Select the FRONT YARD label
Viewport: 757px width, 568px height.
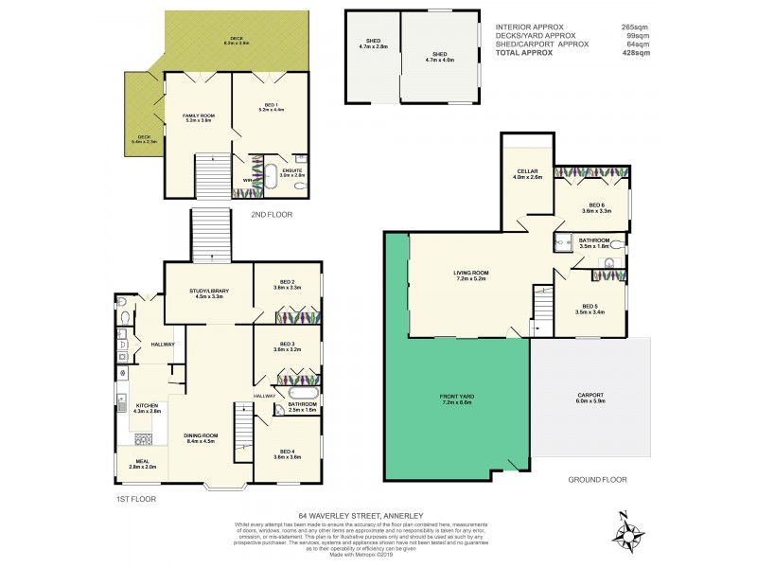tap(456, 399)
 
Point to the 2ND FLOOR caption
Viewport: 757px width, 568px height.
tap(272, 215)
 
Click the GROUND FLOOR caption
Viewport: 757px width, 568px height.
tap(597, 480)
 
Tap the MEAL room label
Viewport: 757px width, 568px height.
tap(141, 464)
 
